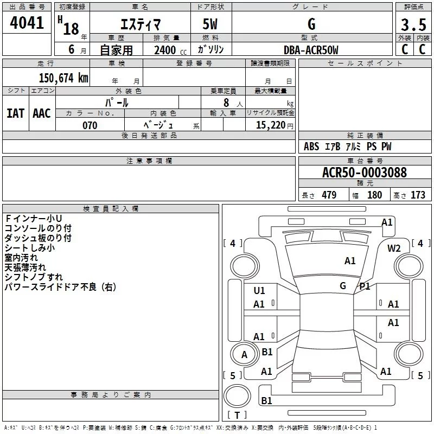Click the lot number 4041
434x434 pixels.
pos(27,22)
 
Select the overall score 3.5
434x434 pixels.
pos(413,24)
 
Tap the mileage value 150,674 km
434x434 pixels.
pos(63,78)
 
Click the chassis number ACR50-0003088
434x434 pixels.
pos(365,172)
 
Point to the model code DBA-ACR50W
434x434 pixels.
pos(311,50)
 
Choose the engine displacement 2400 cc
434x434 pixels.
pos(170,50)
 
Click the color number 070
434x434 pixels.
pos(90,125)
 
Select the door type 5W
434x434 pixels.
pos(210,24)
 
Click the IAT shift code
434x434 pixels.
pos(16,113)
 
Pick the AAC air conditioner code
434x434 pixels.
pos(42,113)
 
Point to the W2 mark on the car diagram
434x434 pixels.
pos(394,248)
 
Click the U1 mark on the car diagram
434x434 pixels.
pos(259,291)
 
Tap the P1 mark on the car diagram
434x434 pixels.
pos(365,286)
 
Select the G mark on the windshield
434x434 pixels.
pos(343,286)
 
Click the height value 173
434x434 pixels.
pos(418,195)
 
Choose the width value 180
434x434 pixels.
pos(374,195)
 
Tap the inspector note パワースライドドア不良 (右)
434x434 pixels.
pos(60,287)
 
